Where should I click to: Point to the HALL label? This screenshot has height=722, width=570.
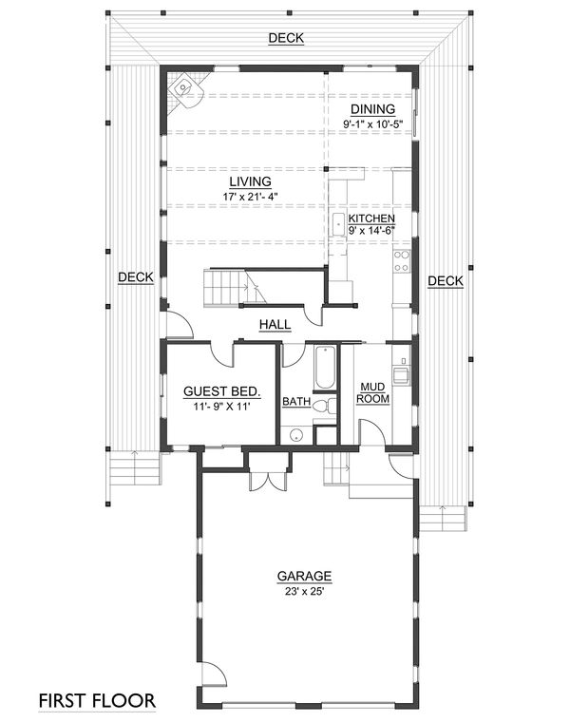pyautogui.click(x=275, y=325)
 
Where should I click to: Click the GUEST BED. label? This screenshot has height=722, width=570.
pyautogui.click(x=221, y=391)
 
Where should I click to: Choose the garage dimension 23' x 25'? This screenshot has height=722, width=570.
pyautogui.click(x=304, y=591)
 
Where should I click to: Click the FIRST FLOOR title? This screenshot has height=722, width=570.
pyautogui.click(x=98, y=701)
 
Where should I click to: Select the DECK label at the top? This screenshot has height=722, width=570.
pyautogui.click(x=286, y=38)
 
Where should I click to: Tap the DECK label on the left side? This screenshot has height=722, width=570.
pyautogui.click(x=136, y=277)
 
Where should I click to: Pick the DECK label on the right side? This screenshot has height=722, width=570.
pyautogui.click(x=445, y=280)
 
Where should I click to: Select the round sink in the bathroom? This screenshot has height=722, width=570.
pyautogui.click(x=297, y=435)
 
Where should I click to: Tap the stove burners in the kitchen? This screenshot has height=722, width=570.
pyautogui.click(x=402, y=260)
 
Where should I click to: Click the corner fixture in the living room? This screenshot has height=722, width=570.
pyautogui.click(x=180, y=87)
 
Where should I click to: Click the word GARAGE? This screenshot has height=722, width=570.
pyautogui.click(x=304, y=576)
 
